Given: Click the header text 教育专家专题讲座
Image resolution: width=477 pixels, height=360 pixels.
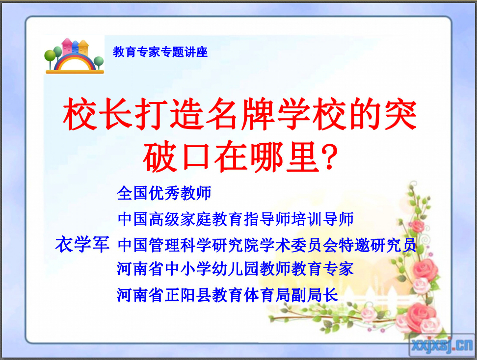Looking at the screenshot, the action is [x=160, y=52].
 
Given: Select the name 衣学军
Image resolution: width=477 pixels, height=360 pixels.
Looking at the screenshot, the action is [x=82, y=244].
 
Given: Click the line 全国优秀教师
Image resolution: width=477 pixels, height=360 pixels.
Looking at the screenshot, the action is [x=164, y=193].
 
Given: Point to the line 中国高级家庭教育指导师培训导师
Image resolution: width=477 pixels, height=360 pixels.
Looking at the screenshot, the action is [x=236, y=219].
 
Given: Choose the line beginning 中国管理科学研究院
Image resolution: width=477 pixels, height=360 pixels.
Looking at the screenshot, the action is [x=267, y=245].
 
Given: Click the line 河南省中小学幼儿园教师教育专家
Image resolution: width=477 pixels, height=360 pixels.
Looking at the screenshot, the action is [x=235, y=269].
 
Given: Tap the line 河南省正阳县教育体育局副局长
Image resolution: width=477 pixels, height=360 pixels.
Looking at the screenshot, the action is [x=227, y=295].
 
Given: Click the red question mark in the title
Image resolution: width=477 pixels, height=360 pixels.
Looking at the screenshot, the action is [x=331, y=157].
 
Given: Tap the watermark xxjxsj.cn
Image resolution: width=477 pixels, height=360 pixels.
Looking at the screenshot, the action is [x=442, y=345].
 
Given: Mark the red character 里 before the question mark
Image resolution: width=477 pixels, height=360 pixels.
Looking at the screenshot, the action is [x=303, y=157].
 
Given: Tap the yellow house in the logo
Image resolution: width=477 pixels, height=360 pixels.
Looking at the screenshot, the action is [x=83, y=48].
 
